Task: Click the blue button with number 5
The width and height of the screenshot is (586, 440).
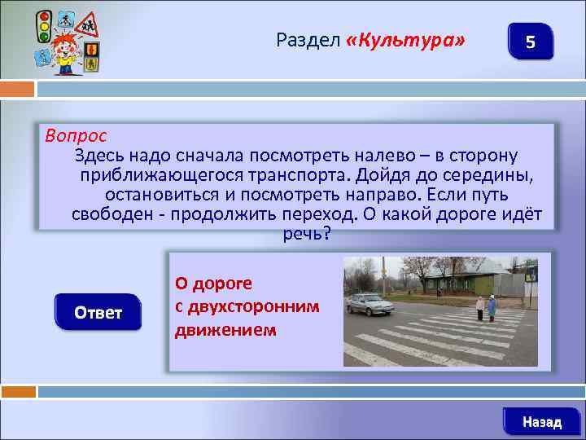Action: [x=530, y=42]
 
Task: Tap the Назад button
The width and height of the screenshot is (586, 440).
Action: [x=541, y=421]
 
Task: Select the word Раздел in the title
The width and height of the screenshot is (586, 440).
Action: [x=308, y=39]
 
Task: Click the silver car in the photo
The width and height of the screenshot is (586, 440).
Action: [x=370, y=304]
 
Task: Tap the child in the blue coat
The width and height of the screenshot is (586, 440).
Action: [x=492, y=309]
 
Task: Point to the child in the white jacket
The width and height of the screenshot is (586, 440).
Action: [x=480, y=308]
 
